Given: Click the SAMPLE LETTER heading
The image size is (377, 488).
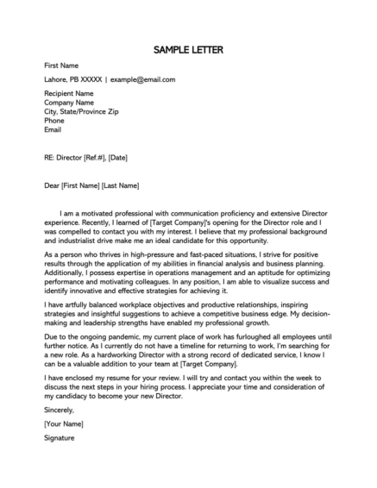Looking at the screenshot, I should click(188, 50).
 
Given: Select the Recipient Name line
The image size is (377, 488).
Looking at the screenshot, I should click(70, 92).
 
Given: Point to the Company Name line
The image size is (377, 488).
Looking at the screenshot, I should click(71, 102).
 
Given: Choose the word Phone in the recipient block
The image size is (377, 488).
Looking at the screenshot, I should click(54, 121).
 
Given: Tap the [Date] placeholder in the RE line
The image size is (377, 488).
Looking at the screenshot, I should click(118, 158).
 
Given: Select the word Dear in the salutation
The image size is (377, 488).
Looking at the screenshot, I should click(53, 185).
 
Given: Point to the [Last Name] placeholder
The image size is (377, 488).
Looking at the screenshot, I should click(120, 185).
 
